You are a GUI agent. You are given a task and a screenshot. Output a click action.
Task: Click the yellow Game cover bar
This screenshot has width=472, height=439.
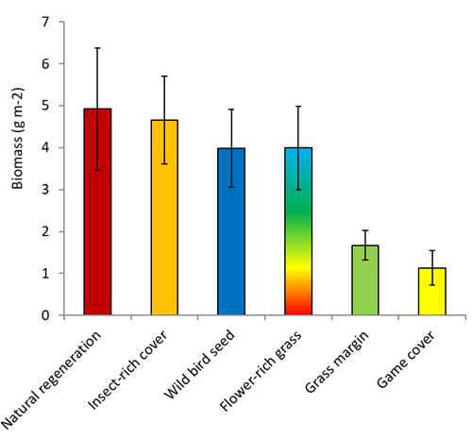pyautogui.click(x=432, y=292)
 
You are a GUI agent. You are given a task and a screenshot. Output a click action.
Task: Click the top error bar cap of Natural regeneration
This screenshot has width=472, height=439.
pyautogui.click(x=98, y=47)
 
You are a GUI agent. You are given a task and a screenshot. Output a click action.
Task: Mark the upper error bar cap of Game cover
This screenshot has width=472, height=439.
pyautogui.click(x=432, y=250)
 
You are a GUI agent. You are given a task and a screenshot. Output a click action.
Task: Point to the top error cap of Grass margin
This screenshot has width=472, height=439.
pyautogui.click(x=365, y=230)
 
